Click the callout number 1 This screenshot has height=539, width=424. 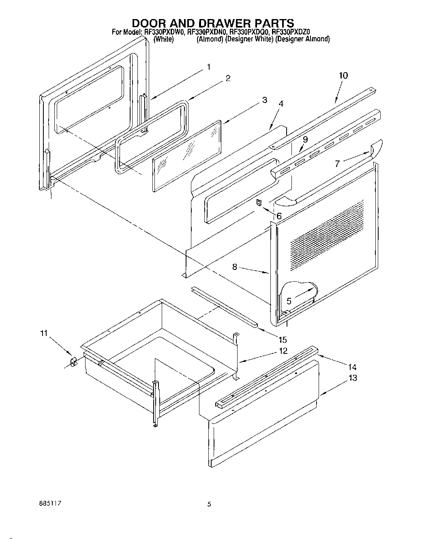(208, 67)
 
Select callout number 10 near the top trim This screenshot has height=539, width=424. (343, 75)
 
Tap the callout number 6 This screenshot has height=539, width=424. (279, 216)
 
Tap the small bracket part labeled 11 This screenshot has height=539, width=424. (74, 361)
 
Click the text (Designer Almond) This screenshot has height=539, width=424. (302, 39)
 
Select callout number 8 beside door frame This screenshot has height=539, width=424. (235, 267)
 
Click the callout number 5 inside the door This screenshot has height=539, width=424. (289, 301)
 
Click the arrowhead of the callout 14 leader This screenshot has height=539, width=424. (318, 354)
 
